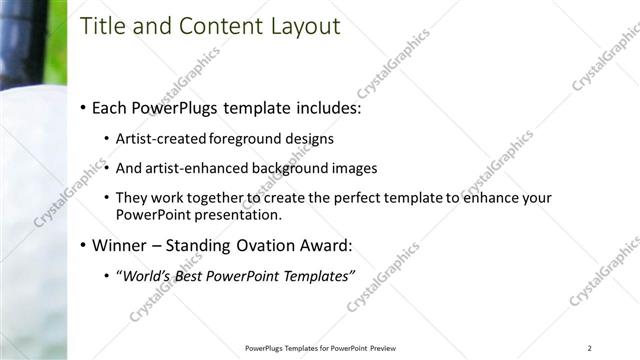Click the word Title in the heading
point(103,26)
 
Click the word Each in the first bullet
point(109,107)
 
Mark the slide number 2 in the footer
point(590,348)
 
